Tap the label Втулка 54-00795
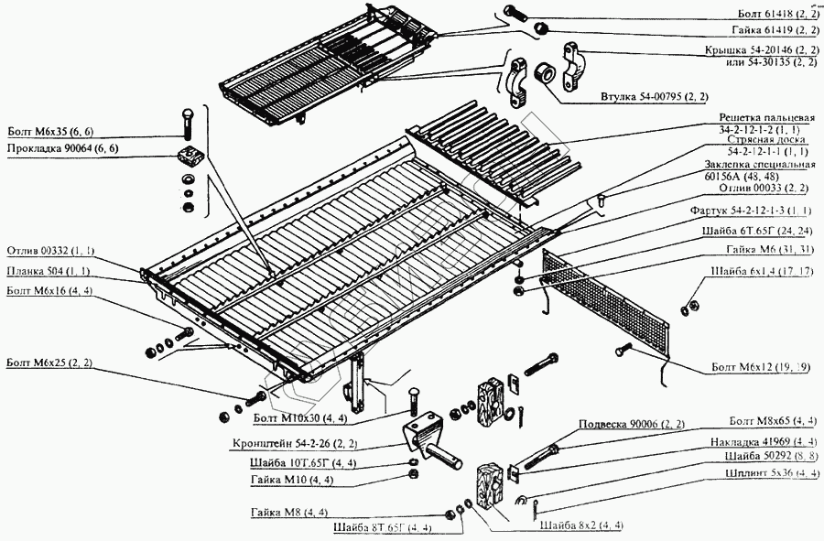654,96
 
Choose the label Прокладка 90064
63,147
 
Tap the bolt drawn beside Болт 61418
513,13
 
